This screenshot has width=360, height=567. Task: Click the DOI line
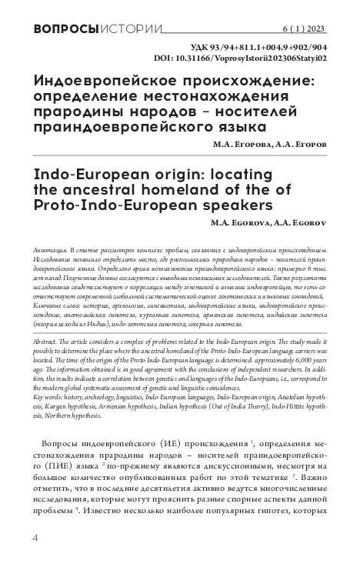(x=250, y=57)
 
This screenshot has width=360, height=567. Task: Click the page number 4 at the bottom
(x=36, y=535)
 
